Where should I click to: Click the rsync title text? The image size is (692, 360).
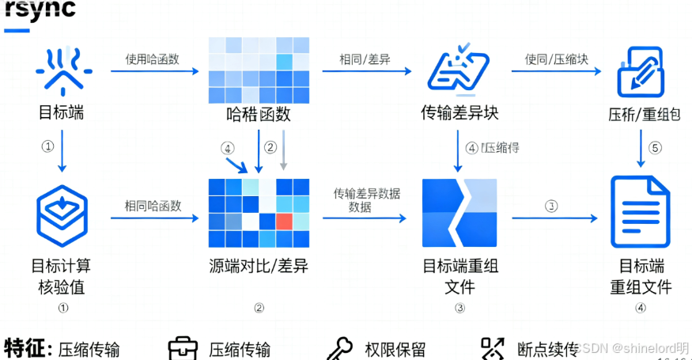click(40, 9)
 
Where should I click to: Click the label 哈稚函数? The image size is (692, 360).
click(258, 114)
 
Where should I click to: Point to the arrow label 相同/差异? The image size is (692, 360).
click(365, 59)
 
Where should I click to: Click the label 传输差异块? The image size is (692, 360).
click(459, 112)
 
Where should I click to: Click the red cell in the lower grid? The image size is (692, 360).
click(285, 220)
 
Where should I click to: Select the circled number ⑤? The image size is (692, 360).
click(654, 148)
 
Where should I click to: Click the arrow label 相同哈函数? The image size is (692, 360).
click(153, 206)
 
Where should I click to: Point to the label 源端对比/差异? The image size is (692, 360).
click(258, 266)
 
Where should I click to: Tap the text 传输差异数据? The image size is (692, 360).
click(366, 193)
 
